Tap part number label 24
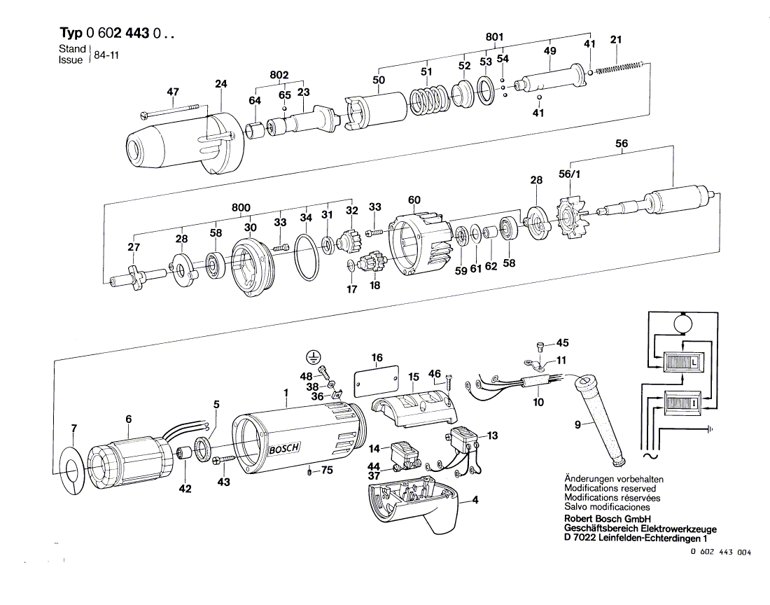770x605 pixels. [221, 85]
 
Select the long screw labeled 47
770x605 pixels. [171, 109]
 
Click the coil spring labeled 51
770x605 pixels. [425, 102]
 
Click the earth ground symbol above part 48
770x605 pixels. [313, 356]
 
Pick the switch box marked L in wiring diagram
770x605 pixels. [678, 363]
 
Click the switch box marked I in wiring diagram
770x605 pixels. [678, 404]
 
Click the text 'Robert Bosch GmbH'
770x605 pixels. [604, 520]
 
